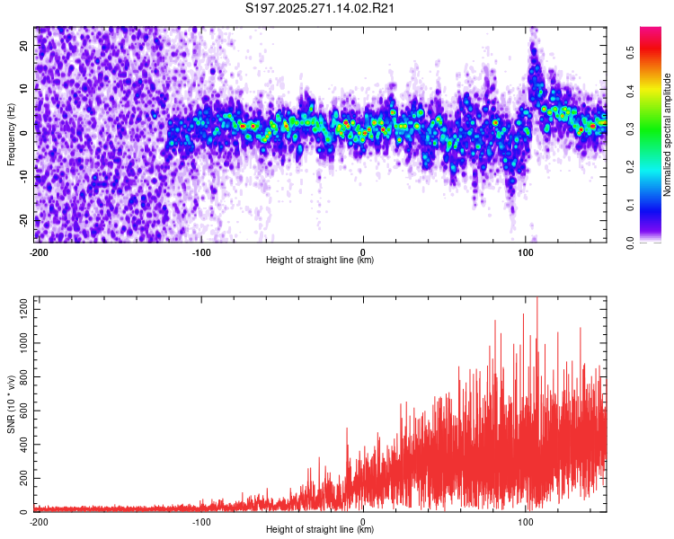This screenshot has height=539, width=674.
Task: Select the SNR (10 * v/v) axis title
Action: [x=12, y=404]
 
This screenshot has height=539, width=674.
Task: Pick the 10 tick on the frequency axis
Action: [x=24, y=89]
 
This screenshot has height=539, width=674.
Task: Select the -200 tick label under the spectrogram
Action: [x=39, y=252]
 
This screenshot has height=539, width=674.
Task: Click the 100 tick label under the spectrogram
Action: [x=526, y=252]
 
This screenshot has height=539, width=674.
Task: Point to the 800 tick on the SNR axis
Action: [x=21, y=377]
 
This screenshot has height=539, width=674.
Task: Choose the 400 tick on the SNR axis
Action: [x=21, y=445]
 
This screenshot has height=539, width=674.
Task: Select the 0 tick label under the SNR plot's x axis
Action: [x=363, y=522]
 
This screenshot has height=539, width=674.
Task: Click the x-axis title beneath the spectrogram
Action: [x=320, y=261]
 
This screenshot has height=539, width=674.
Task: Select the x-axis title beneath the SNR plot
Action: [x=320, y=530]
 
